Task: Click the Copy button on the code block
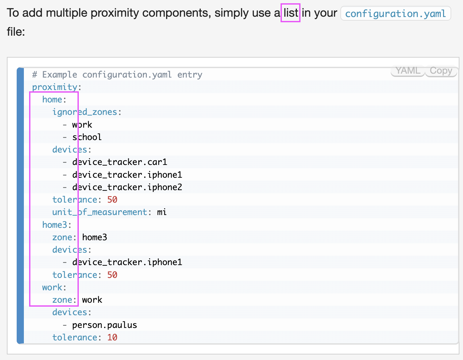pos(441,71)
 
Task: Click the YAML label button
pos(408,71)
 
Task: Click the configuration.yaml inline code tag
pos(396,14)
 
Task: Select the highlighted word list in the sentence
pos(291,13)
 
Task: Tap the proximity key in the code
pos(55,87)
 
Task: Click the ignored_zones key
pos(85,112)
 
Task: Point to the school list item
pos(87,137)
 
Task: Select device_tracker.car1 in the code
pos(120,162)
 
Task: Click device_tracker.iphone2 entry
pos(127,187)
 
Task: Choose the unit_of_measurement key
pos(100,212)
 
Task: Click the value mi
pos(162,212)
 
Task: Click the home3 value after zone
pos(94,237)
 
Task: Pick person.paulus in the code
pos(105,325)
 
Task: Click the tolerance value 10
pos(112,337)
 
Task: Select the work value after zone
pos(92,300)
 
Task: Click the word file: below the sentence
pos(16,32)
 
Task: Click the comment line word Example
pos(60,75)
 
